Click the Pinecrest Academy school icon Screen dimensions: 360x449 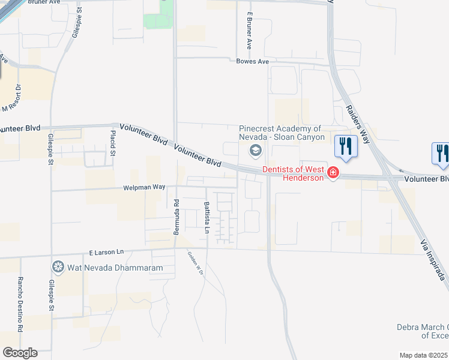(x=256, y=150)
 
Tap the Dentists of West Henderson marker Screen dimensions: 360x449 (x=333, y=173)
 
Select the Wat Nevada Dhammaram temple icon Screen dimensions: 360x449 (x=58, y=266)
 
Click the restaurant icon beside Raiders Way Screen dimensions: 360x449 (x=346, y=146)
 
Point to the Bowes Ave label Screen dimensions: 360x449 (x=253, y=61)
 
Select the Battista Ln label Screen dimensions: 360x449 (x=206, y=213)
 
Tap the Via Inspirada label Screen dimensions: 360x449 (x=432, y=258)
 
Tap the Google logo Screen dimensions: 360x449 (x=20, y=353)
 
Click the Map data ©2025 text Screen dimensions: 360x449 (x=423, y=355)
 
